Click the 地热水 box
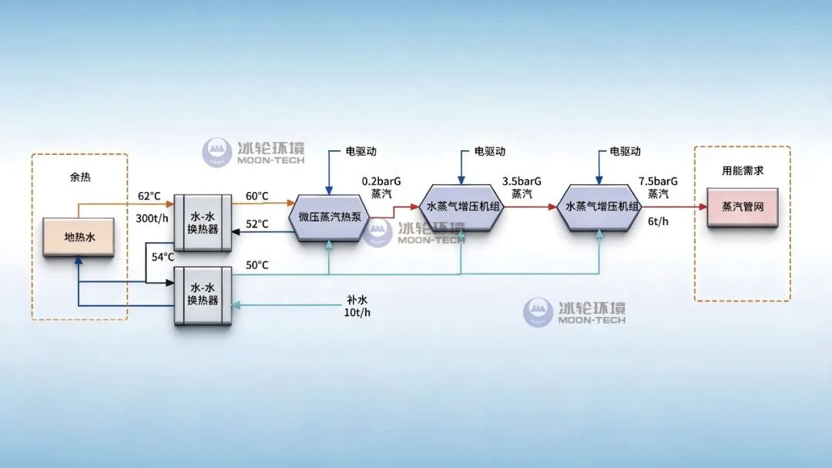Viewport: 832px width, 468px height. click(79, 237)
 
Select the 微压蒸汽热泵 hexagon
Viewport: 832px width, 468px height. click(329, 217)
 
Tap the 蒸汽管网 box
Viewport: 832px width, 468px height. click(743, 207)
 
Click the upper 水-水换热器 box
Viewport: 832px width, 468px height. click(203, 223)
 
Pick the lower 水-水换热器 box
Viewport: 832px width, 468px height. click(203, 295)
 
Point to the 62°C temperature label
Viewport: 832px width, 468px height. click(149, 196)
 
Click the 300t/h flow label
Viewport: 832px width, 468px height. click(152, 218)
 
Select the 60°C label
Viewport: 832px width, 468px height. click(257, 196)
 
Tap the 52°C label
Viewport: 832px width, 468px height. click(257, 224)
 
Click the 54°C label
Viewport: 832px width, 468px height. click(163, 257)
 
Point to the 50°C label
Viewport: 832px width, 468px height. click(257, 265)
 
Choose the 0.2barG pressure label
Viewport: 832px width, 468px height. click(381, 181)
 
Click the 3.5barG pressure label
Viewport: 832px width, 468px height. click(522, 181)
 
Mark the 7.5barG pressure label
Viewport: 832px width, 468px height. click(658, 181)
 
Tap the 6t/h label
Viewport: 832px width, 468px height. click(658, 221)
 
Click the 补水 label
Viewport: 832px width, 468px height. click(357, 300)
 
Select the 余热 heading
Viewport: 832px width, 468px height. click(80, 177)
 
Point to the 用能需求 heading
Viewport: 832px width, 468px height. click(743, 170)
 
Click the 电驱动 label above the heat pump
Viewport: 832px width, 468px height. click(361, 151)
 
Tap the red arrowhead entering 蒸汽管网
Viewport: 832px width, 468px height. click(703, 207)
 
